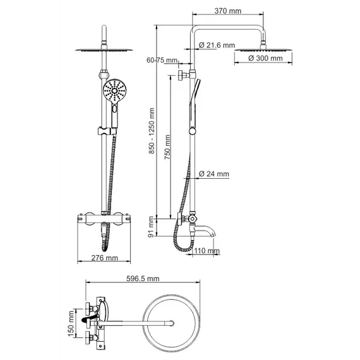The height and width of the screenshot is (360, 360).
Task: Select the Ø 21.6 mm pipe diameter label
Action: tap(217, 45)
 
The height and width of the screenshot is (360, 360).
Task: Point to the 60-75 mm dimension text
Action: tap(160, 60)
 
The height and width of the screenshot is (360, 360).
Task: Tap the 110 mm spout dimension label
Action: tap(207, 251)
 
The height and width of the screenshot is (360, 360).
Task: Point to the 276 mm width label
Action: tap(104, 258)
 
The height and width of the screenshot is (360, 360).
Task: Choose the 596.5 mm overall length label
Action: tap(141, 279)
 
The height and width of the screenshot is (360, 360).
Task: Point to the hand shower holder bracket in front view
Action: tap(104, 131)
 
